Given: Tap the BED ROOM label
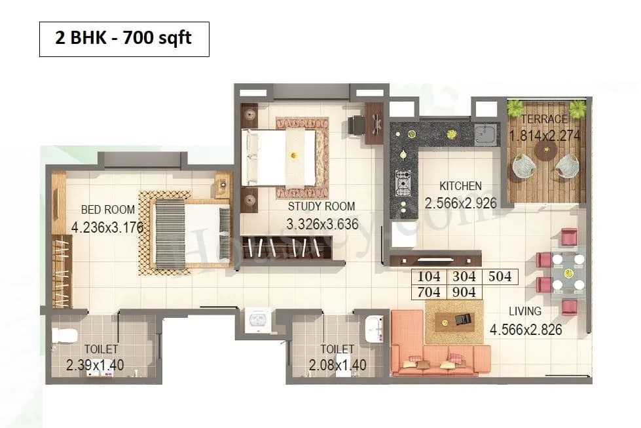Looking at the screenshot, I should [108, 210].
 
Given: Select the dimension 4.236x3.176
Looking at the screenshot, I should [107, 227].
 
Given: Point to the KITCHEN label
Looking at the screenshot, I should [460, 186].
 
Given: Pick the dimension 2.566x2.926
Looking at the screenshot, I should [460, 203].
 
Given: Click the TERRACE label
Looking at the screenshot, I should [544, 119].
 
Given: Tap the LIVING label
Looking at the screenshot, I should [525, 311].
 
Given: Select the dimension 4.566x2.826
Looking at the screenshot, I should [525, 330].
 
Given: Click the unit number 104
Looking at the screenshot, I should [428, 277].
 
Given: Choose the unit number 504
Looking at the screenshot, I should [500, 277].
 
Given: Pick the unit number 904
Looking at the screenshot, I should [464, 292].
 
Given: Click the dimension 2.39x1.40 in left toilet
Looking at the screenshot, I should [95, 365].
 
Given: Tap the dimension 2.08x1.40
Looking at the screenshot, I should [337, 365].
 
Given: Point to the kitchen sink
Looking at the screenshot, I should [486, 134].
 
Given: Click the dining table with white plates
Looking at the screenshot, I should [568, 272].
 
